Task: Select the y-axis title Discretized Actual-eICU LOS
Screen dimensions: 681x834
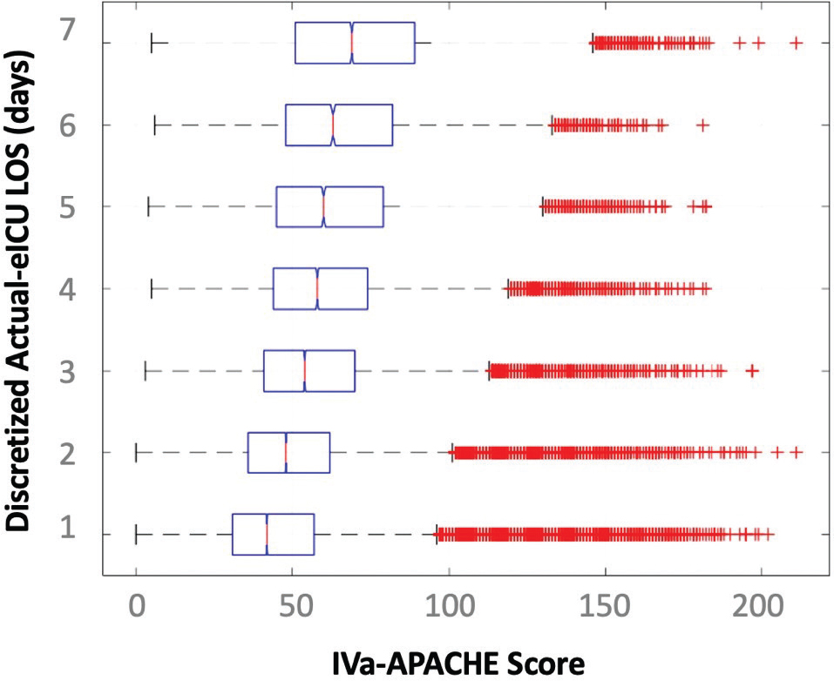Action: click(23, 291)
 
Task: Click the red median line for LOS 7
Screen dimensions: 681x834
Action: click(352, 43)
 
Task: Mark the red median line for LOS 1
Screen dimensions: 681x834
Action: click(267, 534)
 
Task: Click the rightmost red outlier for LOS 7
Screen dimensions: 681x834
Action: click(795, 43)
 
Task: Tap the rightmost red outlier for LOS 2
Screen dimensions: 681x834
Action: click(795, 452)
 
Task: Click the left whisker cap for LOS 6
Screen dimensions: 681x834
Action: click(155, 125)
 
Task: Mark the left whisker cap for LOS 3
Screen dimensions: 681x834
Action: click(145, 371)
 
